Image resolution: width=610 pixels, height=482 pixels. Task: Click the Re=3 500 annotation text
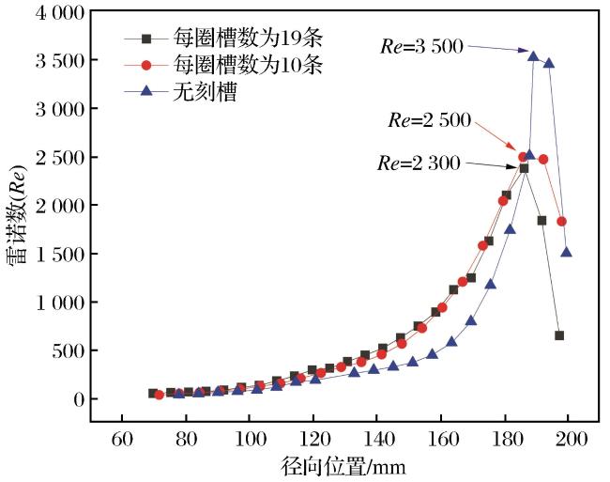click(x=422, y=46)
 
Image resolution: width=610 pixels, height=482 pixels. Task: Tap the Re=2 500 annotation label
click(x=430, y=120)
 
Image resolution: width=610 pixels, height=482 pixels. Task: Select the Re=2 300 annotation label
click(x=419, y=163)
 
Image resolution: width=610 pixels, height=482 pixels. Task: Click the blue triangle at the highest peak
click(x=533, y=56)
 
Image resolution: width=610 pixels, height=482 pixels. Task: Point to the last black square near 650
click(x=559, y=335)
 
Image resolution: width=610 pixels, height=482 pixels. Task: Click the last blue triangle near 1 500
click(x=567, y=253)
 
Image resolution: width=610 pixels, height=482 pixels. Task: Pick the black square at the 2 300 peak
click(x=524, y=168)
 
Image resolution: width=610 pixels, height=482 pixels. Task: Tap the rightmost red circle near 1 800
click(x=561, y=221)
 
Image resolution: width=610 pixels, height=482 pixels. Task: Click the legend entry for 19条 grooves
click(x=223, y=39)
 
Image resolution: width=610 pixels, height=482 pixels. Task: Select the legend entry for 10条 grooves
click(x=223, y=65)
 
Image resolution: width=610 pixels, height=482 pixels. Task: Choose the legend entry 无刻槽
click(x=180, y=92)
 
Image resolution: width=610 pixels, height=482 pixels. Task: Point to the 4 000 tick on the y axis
click(x=59, y=13)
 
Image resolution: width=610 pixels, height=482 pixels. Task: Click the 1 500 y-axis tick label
click(x=59, y=255)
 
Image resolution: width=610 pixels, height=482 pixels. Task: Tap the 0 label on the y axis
click(x=79, y=399)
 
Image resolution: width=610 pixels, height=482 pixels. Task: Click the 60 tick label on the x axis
click(x=122, y=440)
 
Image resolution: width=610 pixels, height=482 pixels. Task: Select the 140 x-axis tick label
click(x=377, y=440)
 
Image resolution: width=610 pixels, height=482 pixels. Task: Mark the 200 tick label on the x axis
click(x=569, y=440)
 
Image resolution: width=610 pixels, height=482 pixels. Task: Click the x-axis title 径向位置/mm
click(x=343, y=466)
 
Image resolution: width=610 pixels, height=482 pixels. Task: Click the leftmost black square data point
click(x=153, y=394)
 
